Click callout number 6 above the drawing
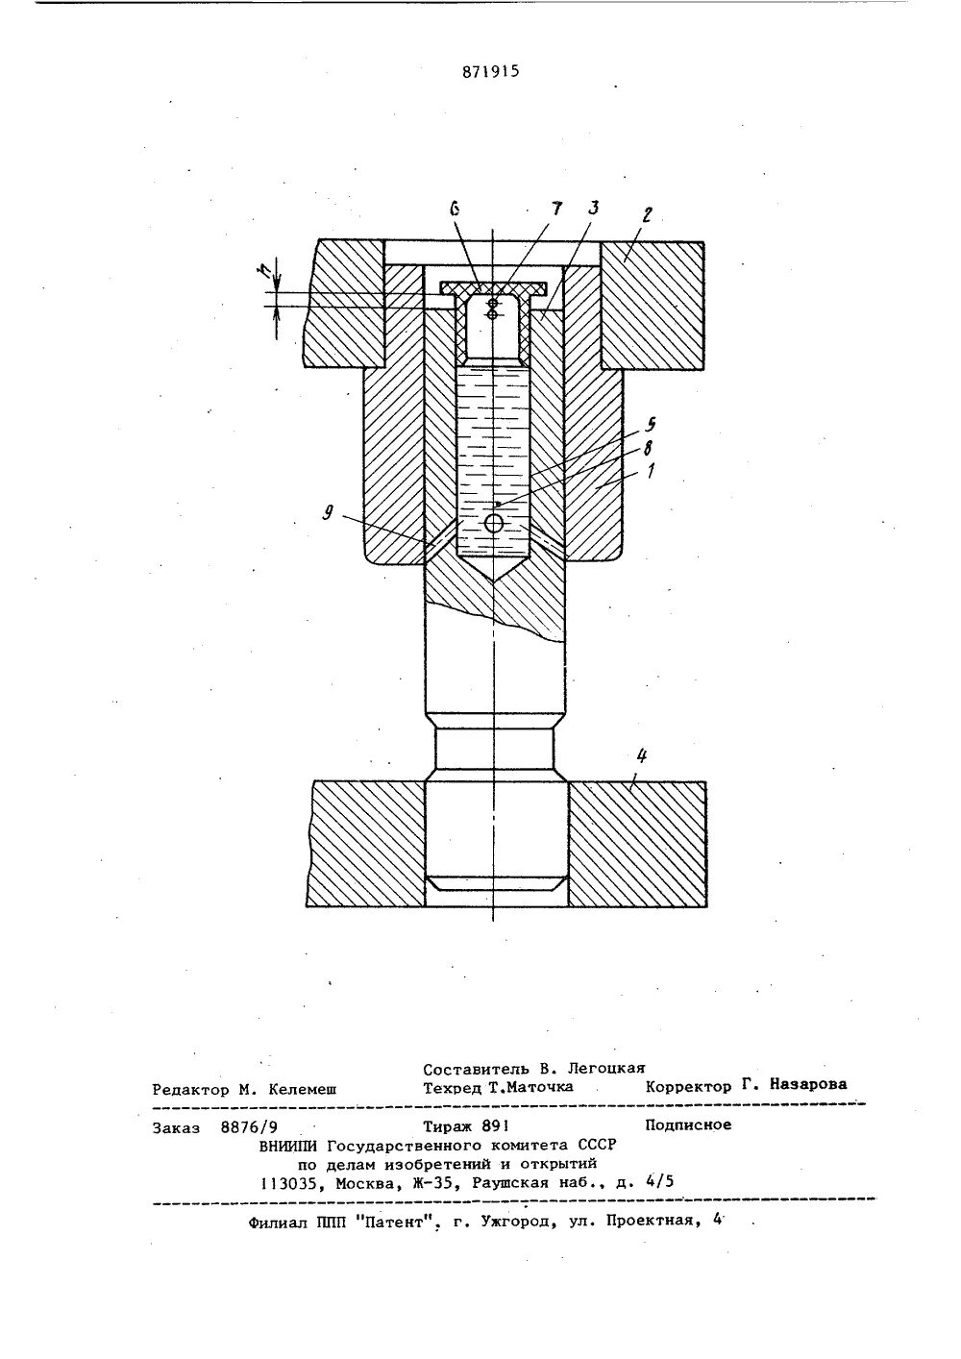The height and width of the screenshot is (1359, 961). [455, 209]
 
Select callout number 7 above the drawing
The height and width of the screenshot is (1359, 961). [555, 209]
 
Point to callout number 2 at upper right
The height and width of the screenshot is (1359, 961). [647, 216]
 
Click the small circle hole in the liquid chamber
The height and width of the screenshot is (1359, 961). [493, 523]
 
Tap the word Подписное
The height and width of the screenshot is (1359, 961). [688, 1124]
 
